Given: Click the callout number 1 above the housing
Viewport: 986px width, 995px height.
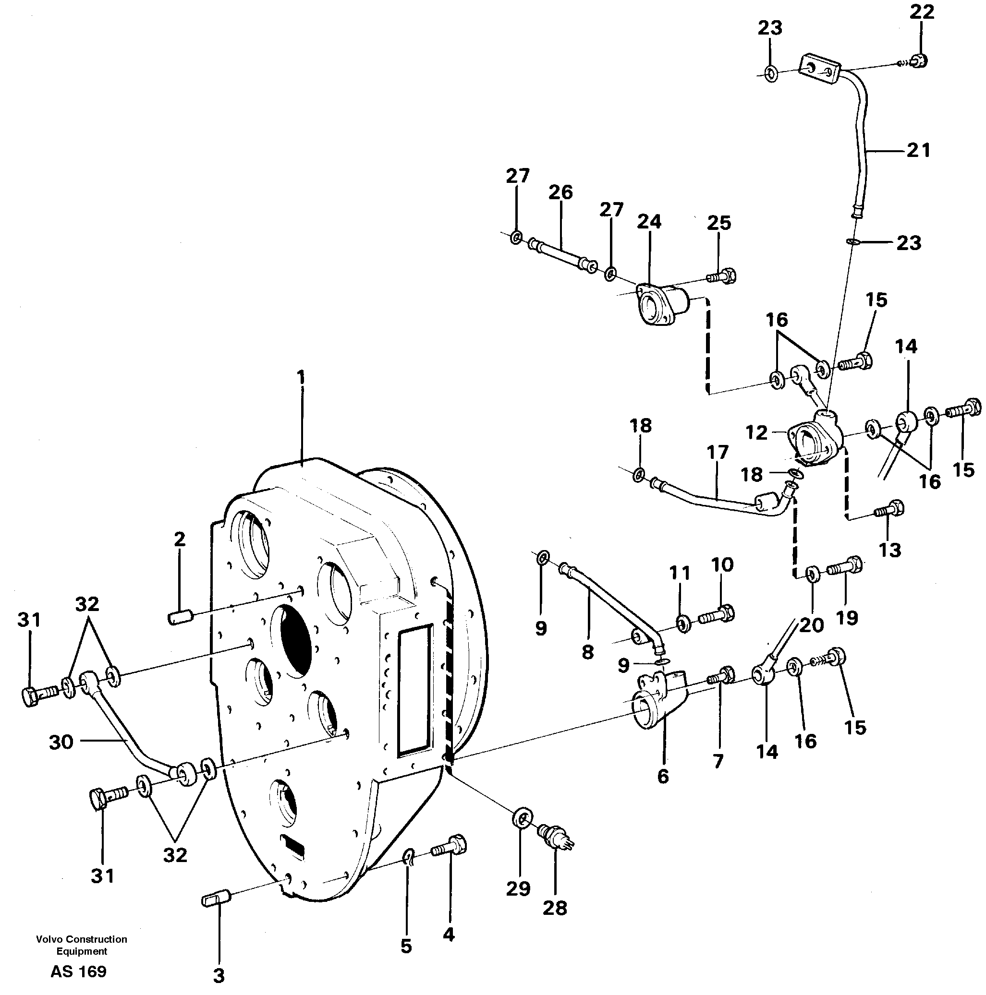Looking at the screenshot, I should point(301,379).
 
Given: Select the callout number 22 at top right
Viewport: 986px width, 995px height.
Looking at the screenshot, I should point(922,12).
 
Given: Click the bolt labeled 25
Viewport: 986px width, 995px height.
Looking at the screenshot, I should point(723,277).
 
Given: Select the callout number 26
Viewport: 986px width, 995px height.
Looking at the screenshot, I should point(560,192).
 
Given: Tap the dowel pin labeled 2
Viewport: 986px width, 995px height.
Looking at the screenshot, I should point(181,616).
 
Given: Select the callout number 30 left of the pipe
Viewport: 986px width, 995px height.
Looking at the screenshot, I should point(61,742).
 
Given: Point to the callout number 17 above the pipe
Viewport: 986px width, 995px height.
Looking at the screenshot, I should point(718,453).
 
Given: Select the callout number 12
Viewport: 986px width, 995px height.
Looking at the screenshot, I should point(756,432).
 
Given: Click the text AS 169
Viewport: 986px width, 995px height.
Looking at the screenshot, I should point(78,971).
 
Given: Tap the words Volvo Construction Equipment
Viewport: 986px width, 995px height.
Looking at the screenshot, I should point(82,945).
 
